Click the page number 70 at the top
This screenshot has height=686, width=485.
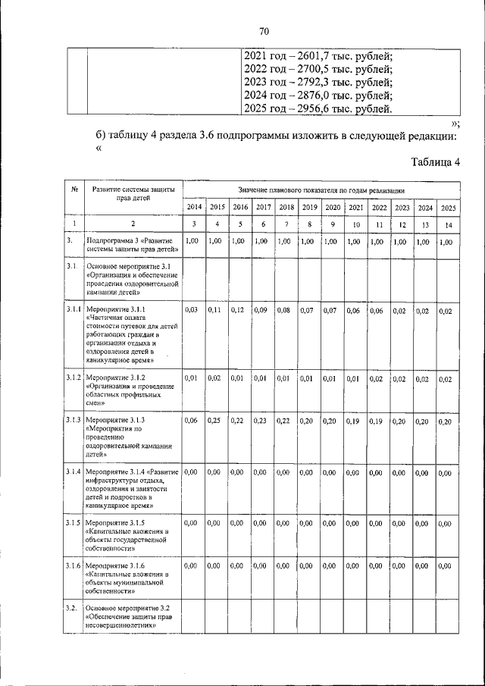pyautogui.click(x=264, y=31)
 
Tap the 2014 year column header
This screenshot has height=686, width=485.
pyautogui.click(x=194, y=207)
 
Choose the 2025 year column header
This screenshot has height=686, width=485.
pyautogui.click(x=448, y=207)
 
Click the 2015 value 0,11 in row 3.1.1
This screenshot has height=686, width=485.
pyautogui.click(x=217, y=310)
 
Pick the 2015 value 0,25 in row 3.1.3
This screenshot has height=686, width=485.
pyautogui.click(x=217, y=421)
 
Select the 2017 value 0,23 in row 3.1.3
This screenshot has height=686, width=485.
pyautogui.click(x=262, y=421)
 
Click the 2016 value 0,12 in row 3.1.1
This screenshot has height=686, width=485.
pyautogui.click(x=239, y=310)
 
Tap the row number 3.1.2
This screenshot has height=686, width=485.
pyautogui.click(x=73, y=377)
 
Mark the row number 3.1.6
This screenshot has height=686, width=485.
pyautogui.click(x=73, y=565)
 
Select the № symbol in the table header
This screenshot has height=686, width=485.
pyautogui.click(x=74, y=190)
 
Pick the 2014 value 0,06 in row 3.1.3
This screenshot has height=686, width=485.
pyautogui.click(x=194, y=421)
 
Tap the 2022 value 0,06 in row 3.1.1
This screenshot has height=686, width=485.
pyautogui.click(x=377, y=310)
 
